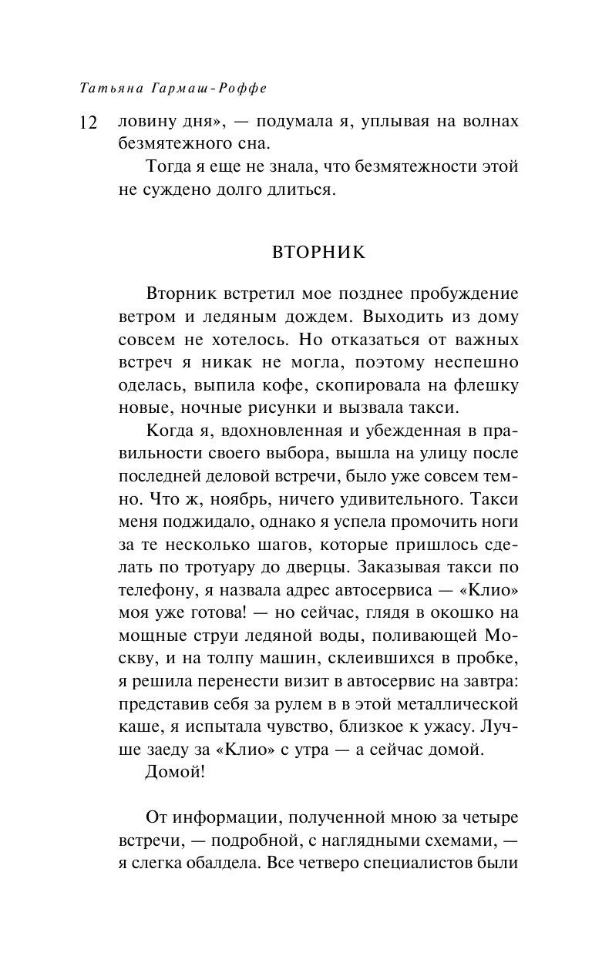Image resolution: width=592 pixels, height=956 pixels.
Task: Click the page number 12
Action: click(87, 123)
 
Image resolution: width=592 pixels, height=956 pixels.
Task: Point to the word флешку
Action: click(489, 384)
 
